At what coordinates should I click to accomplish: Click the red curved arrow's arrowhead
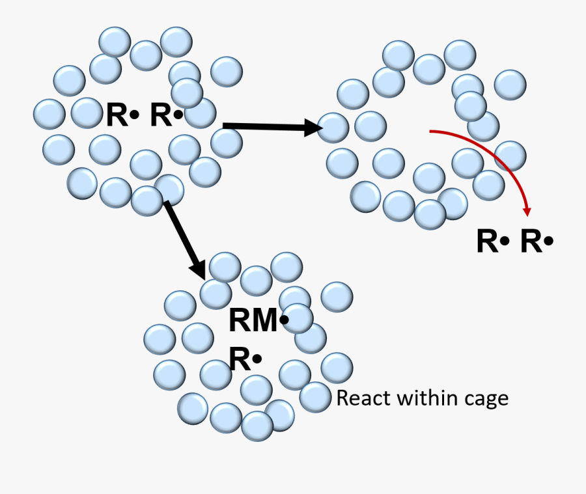point(527,210)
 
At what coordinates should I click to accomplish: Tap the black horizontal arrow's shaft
point(260,126)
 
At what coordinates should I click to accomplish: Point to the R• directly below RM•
point(245,359)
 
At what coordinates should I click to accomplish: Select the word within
point(424,398)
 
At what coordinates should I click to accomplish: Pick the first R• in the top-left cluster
point(122,115)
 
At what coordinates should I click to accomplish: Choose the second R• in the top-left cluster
point(167,115)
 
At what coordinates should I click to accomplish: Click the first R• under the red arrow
point(492,241)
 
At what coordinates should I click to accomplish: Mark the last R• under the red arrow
point(537,241)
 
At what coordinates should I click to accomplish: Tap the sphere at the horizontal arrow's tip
point(333,128)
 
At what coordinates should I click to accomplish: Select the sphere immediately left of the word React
point(315,397)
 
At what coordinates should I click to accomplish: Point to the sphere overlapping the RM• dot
point(298,319)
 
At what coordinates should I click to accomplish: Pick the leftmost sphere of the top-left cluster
point(49,114)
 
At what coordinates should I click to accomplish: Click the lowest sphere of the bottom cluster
point(257,426)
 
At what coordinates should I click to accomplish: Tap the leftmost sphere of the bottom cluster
point(160,339)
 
